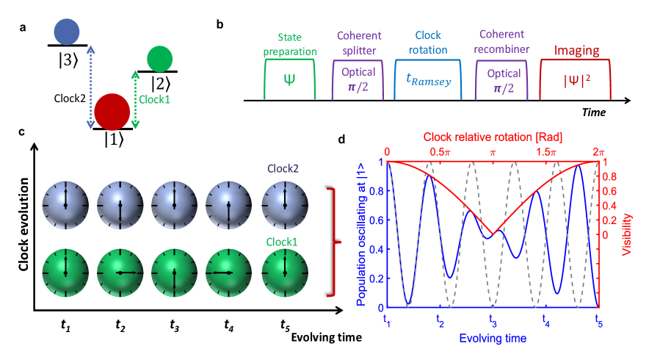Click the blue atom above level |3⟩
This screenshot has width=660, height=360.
pos(66,31)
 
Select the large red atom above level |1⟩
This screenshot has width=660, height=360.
pos(112,109)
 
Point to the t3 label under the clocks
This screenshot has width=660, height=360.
pos(175,323)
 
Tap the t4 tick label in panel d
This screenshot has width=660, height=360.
pos(545,320)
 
